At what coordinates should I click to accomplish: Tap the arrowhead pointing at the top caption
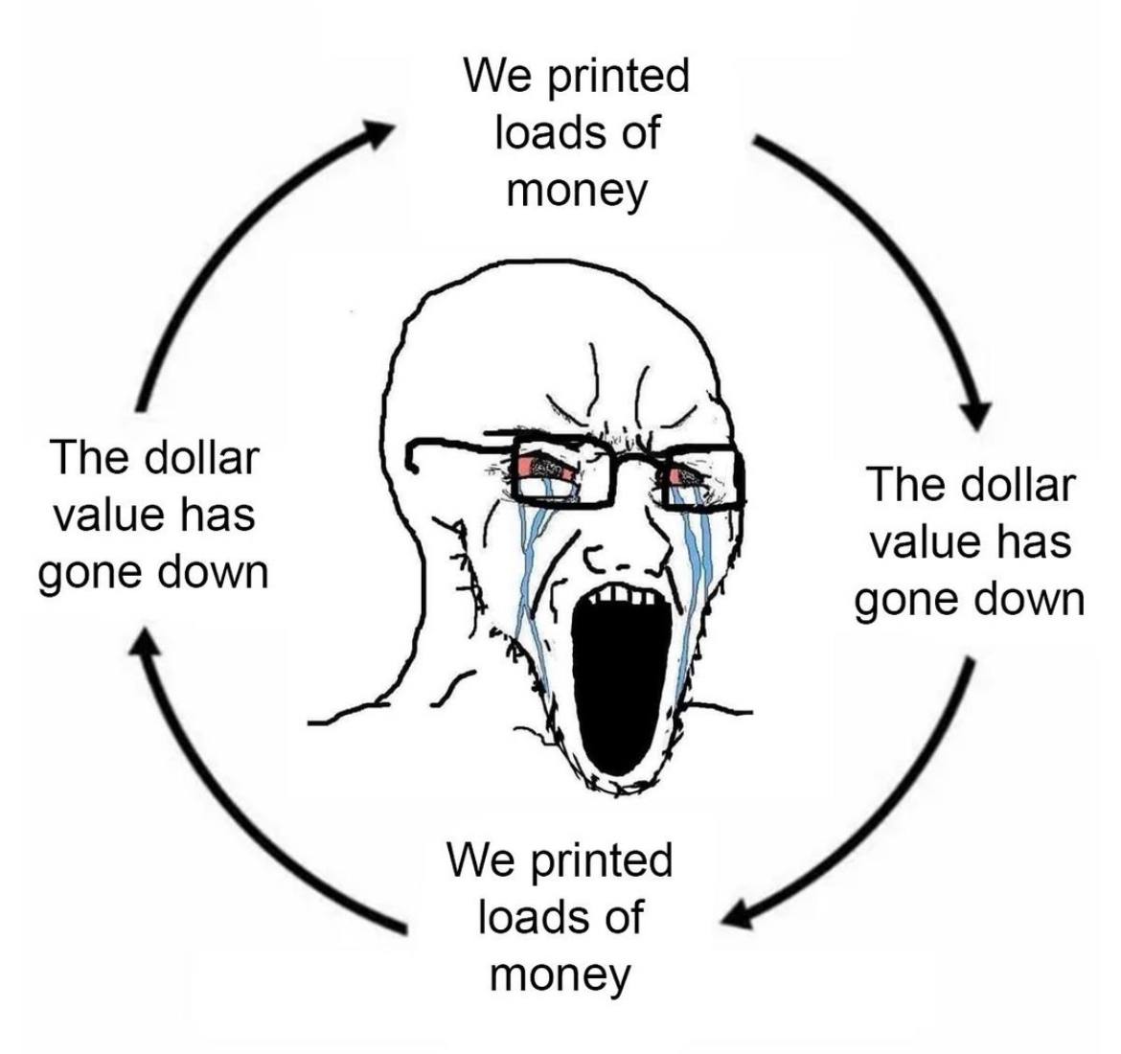[x=378, y=134]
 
